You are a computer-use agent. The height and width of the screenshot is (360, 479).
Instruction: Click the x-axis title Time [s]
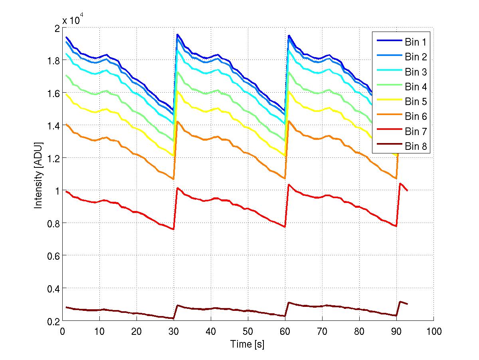coord(247,344)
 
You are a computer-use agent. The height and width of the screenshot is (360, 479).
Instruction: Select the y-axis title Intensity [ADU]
coord(38,175)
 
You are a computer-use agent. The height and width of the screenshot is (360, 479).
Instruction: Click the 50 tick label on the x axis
coord(248,332)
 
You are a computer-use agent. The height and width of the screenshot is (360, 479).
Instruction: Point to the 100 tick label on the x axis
coord(433,332)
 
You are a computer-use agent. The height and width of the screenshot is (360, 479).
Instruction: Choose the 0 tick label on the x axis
coord(62,332)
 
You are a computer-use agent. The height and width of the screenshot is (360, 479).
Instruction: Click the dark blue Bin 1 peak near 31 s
coord(177,34)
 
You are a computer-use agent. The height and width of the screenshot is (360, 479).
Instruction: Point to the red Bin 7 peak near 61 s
coord(289,185)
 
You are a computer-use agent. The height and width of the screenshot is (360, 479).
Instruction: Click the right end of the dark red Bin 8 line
coord(407,304)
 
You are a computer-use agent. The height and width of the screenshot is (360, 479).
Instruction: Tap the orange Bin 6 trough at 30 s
coord(173,179)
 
